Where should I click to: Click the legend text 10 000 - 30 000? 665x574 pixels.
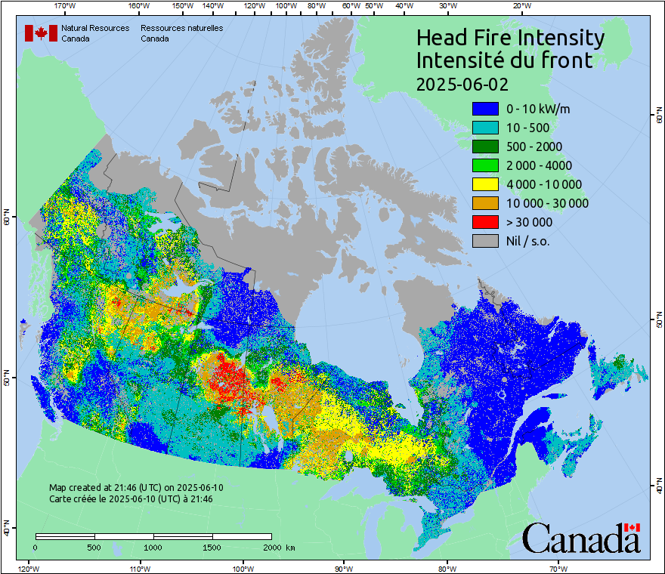coord(547,203)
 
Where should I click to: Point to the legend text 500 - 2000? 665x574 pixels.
coord(534,147)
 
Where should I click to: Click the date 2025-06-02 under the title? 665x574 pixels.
coord(462,83)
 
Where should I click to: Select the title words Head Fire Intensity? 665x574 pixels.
coord(510,38)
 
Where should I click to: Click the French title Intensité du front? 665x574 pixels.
coord(504,60)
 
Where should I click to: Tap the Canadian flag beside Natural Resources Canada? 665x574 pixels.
coord(41,33)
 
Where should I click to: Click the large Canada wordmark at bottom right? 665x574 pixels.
coord(581,539)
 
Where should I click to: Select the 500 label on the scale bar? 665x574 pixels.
coord(94,547)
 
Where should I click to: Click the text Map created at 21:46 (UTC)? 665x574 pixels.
coord(136,488)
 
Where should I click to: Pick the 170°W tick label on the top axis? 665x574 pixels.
coord(66,6)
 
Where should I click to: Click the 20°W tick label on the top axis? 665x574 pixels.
coord(520,6)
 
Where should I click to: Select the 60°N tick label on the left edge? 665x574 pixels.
coord(7,218)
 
